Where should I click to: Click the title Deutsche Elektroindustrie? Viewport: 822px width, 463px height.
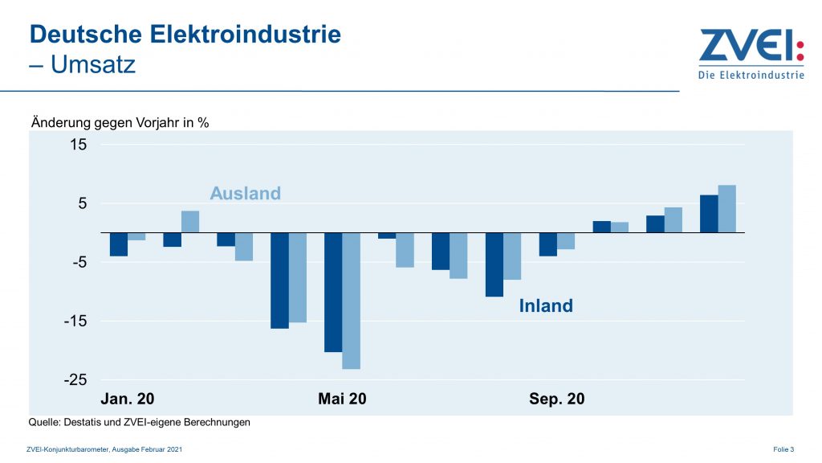tap(185, 35)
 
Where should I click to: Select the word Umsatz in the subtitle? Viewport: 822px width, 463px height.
tap(93, 64)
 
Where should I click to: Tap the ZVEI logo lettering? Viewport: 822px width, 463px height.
tap(750, 47)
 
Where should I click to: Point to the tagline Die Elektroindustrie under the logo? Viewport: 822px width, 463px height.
tap(751, 76)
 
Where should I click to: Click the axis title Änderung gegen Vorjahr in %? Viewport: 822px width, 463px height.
tap(120, 123)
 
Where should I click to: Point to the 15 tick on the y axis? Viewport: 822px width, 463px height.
tap(78, 145)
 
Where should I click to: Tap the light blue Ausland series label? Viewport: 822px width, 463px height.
tap(246, 194)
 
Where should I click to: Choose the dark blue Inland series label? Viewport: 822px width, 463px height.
tap(546, 305)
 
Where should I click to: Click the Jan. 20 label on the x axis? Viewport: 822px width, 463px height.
tap(127, 399)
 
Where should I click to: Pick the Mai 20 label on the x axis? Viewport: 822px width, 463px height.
tap(342, 399)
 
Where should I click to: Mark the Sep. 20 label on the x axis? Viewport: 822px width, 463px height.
tap(556, 399)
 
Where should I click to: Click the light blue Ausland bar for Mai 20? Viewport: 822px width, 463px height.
tap(351, 301)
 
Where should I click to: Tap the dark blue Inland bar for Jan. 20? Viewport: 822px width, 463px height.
tap(119, 244)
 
